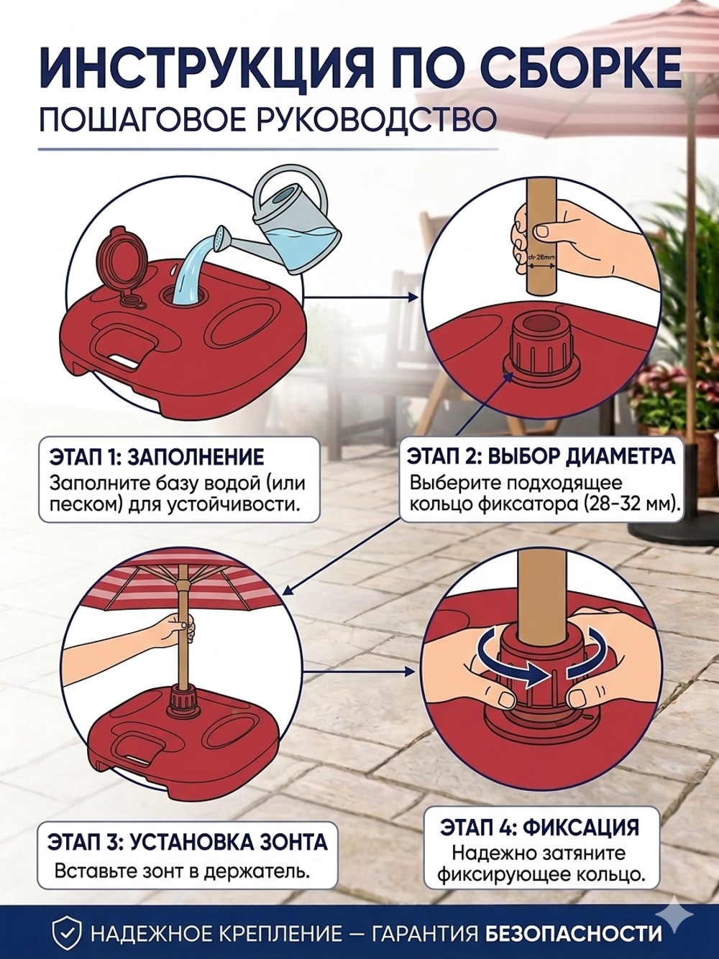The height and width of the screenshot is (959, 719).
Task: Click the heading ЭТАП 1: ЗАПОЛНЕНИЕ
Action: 157,458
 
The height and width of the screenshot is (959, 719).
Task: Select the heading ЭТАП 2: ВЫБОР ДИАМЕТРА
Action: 541,456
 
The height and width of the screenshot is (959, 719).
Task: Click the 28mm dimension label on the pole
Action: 542,259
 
